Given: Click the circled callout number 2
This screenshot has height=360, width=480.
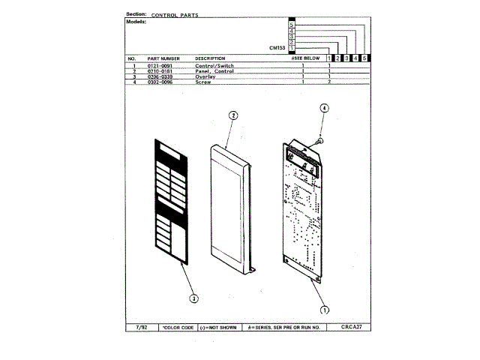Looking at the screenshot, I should click(233, 115).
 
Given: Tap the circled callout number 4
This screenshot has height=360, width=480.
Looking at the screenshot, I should click(325, 108).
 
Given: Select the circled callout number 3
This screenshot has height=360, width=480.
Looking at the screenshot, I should click(193, 298).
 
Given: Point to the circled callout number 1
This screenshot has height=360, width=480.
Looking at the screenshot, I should click(325, 309).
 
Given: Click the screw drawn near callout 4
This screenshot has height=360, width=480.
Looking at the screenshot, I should click(320, 139).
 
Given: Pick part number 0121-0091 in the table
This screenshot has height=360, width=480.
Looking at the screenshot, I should click(160, 66).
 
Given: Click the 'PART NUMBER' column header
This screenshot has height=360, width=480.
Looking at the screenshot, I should click(163, 58).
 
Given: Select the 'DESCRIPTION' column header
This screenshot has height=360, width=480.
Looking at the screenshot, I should click(210, 58).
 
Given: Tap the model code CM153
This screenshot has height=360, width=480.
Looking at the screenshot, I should click(278, 48).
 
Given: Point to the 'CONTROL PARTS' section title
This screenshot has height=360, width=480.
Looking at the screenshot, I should click(175, 14).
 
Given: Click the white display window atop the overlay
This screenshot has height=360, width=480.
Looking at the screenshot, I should click(169, 154).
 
